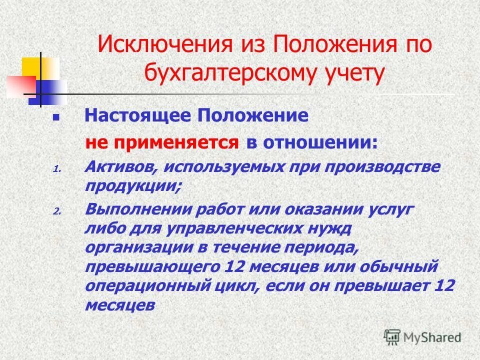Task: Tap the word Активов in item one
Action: pyautogui.click(x=118, y=167)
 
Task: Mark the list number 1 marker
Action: pyautogui.click(x=56, y=169)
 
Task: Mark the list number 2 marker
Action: pyautogui.click(x=56, y=212)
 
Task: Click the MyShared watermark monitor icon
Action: pyautogui.click(x=392, y=337)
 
